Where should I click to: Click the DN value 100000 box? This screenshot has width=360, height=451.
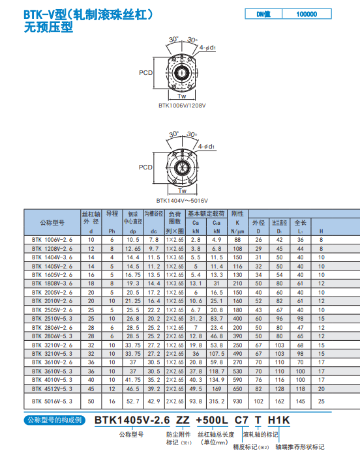tap(307, 14)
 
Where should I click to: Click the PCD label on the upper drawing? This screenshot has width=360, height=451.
tap(146, 73)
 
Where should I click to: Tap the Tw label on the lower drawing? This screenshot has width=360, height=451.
tap(182, 191)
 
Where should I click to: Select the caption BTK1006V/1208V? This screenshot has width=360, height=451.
tap(182, 106)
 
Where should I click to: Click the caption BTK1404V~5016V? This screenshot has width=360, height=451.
tap(182, 201)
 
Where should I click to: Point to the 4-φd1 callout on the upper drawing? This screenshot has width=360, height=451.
tap(207, 48)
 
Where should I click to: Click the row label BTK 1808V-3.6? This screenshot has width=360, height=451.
tap(52, 284)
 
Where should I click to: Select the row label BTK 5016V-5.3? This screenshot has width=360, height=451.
tap(52, 401)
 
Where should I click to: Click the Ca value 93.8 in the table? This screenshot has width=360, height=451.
tap(196, 401)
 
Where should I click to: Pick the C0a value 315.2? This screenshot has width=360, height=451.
tap(217, 401)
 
